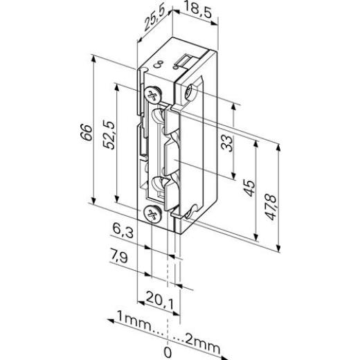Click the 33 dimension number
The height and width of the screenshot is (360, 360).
point(226,143)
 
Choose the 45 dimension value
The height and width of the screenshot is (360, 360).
point(249,189)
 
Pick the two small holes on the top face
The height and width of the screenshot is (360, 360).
point(159,64)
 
